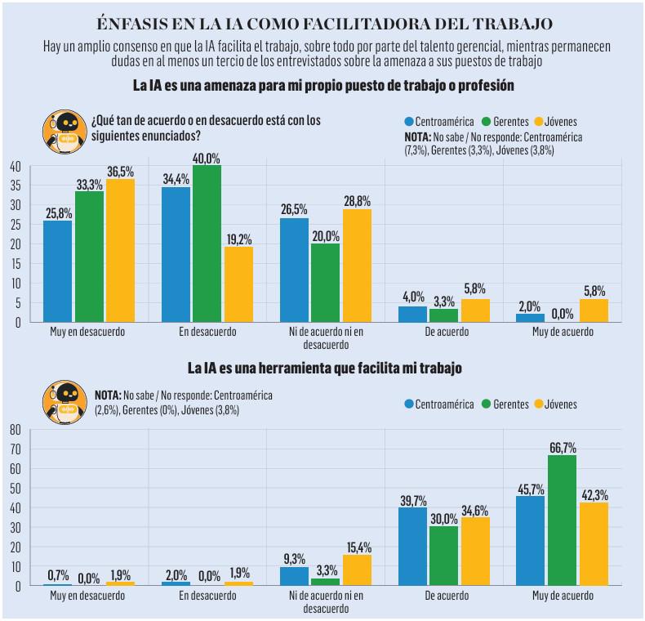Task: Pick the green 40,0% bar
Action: point(207,243)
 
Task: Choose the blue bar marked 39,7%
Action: point(412,546)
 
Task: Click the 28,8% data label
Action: point(357,200)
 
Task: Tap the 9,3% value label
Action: point(294,558)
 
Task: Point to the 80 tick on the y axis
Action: point(14,429)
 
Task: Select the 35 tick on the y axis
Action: point(14,185)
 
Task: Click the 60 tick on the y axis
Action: point(14,468)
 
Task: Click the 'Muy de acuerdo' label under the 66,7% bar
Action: point(562,597)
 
